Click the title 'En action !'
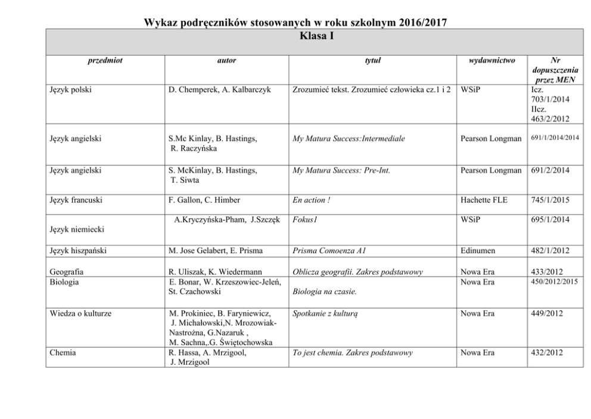pos(312,201)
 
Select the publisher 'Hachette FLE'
pos(484,201)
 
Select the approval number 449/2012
pos(546,313)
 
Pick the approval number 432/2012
pos(546,353)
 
